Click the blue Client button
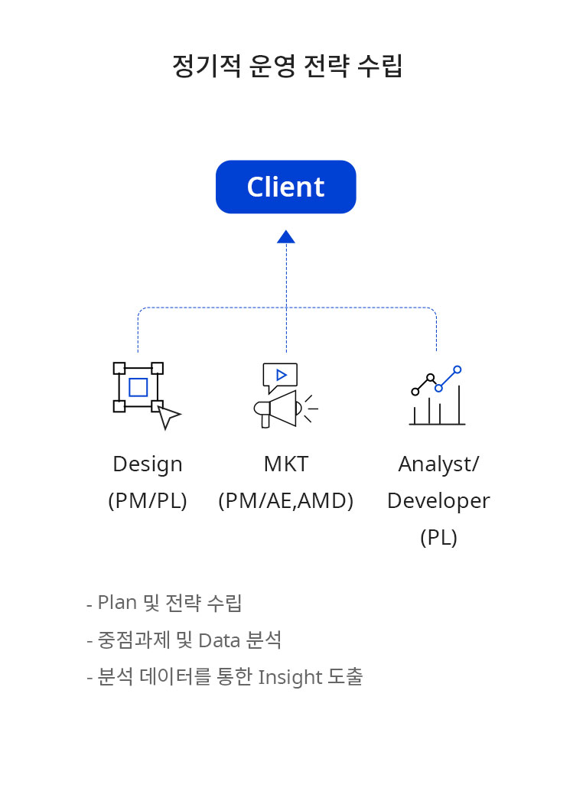(286, 187)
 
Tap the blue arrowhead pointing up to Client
(286, 236)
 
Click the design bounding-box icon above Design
(147, 396)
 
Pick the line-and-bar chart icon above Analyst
(437, 396)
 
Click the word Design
(148, 464)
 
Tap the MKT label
(286, 464)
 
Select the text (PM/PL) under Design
(148, 500)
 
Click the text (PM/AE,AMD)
(286, 500)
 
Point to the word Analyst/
(439, 464)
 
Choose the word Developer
(439, 500)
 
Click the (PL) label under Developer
(439, 537)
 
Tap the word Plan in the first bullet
(117, 602)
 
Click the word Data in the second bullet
(220, 640)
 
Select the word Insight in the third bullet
(290, 677)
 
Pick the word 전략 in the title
(327, 66)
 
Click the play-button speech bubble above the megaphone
(281, 377)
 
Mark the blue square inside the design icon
(138, 387)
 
